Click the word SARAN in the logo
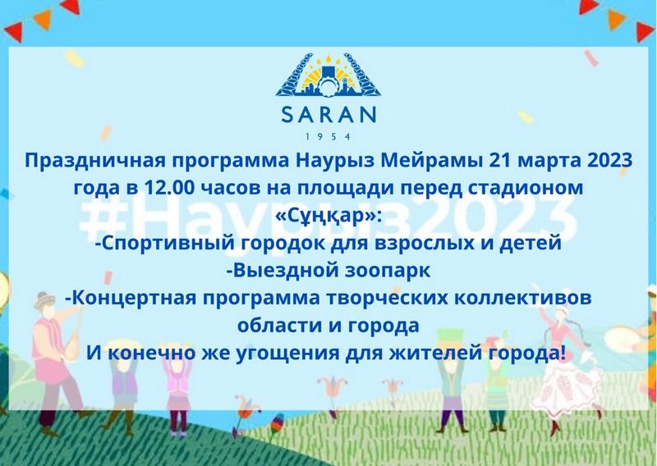329,114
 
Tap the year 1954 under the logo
328,136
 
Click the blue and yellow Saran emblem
328,75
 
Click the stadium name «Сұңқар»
328,217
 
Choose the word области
280,326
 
